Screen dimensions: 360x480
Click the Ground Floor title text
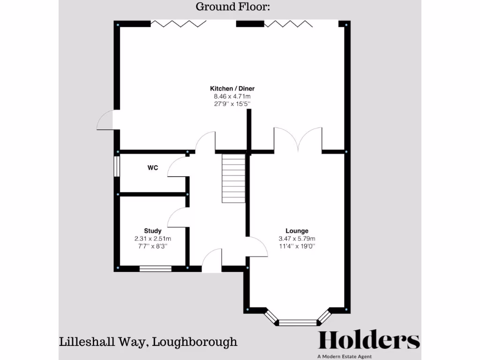[x=232, y=7]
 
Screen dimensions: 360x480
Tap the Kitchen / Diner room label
[x=232, y=89]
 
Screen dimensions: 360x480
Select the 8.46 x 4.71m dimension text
[x=232, y=97]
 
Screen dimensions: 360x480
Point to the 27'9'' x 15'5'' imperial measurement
[x=232, y=104]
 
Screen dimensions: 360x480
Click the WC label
[x=152, y=167]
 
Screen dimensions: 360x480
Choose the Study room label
[x=153, y=231]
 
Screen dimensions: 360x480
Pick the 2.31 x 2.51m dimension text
[x=153, y=238]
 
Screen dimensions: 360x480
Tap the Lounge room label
[x=297, y=231]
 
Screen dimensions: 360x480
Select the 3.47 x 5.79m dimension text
[x=297, y=238]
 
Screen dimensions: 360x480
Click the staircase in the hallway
[x=233, y=179]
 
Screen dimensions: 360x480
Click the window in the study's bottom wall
[x=155, y=269]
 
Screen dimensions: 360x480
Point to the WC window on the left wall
[x=117, y=166]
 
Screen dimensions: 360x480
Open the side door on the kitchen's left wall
[x=106, y=120]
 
